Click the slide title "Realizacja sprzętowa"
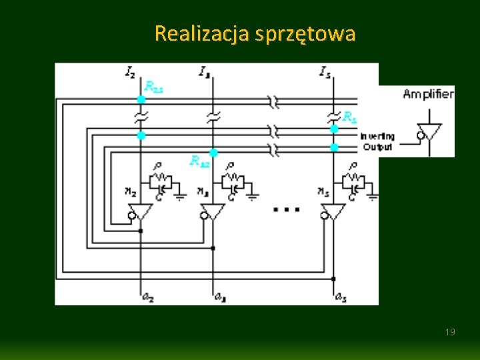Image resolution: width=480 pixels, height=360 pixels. click(x=255, y=33)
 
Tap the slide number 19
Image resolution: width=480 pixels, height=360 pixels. click(x=450, y=332)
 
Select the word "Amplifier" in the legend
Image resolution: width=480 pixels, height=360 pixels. click(x=428, y=94)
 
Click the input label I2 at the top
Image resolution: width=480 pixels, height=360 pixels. click(x=130, y=71)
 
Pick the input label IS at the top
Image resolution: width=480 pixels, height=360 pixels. click(x=325, y=71)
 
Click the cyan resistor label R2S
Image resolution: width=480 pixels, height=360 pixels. click(x=154, y=86)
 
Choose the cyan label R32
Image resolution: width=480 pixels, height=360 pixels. click(x=199, y=160)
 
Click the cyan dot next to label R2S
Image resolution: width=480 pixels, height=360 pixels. click(x=141, y=99)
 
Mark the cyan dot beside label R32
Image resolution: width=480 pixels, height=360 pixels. click(x=213, y=153)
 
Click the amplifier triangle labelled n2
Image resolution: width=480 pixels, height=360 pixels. click(x=141, y=212)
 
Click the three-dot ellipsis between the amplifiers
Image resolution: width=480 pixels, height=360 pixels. click(x=287, y=209)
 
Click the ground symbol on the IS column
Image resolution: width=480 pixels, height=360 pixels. click(x=373, y=196)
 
